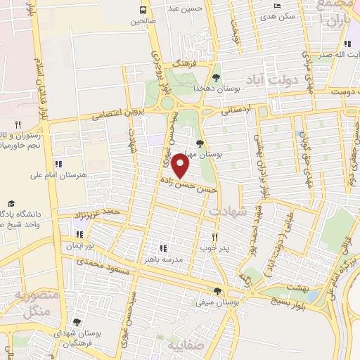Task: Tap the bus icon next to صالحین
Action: (x=143, y=10)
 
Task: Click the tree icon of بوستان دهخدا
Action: (x=216, y=78)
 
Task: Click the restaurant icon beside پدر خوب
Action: (x=215, y=237)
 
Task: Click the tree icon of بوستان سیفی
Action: (x=217, y=292)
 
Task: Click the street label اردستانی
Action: (x=236, y=110)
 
